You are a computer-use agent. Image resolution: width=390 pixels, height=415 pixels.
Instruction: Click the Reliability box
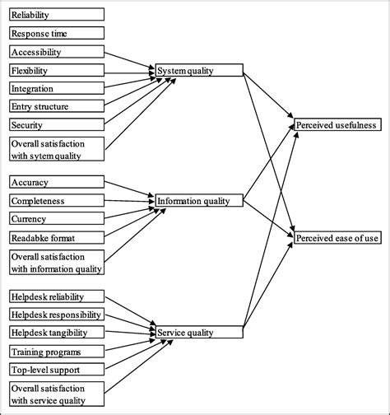pos(57,15)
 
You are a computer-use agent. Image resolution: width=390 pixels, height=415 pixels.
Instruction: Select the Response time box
pos(57,33)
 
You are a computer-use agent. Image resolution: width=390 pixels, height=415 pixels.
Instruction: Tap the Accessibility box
pos(57,51)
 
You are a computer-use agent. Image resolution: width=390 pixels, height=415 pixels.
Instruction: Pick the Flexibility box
pos(57,70)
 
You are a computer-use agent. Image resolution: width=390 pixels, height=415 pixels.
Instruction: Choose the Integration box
pos(57,88)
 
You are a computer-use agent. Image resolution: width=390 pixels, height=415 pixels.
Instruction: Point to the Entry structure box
pos(57,106)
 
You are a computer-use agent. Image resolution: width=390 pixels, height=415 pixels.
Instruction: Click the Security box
pos(57,124)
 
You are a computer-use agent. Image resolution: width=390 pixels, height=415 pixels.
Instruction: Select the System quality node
pos(199,71)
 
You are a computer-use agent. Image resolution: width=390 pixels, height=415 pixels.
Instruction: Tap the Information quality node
pos(199,199)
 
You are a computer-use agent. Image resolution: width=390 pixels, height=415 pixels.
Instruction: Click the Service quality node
pos(199,333)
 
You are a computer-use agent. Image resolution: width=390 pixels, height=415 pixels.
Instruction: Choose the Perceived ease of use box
pos(337,238)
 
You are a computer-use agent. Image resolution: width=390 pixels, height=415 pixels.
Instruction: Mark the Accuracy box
pos(57,182)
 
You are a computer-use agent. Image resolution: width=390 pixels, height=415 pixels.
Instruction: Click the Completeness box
pos(57,200)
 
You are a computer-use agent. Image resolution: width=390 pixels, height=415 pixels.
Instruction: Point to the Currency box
pos(57,218)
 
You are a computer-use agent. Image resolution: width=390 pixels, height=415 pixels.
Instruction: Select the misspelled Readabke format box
pos(57,237)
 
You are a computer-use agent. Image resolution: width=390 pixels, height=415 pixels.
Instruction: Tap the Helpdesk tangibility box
pos(57,333)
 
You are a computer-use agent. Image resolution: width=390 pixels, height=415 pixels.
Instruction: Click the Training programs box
pos(57,352)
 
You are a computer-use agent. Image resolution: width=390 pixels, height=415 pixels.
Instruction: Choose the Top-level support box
pos(57,370)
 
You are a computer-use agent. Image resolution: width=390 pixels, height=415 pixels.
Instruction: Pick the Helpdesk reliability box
pos(57,296)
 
